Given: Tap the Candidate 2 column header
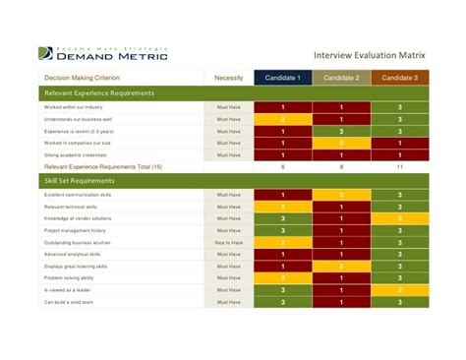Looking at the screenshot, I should coord(341,78).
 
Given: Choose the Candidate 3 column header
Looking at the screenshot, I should coord(400,78).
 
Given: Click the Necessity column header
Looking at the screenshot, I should coord(228,78).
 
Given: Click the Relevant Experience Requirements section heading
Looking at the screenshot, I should coord(99,92).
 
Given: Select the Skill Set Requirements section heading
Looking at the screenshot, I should coord(79,181).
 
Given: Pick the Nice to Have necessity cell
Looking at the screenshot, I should coord(228,242).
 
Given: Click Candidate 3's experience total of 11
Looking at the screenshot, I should coord(400,167).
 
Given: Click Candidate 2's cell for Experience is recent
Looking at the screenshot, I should coord(341,130).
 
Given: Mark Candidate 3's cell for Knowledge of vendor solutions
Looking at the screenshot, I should coord(400,218).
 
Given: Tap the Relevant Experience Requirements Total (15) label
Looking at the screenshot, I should coord(103,167).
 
